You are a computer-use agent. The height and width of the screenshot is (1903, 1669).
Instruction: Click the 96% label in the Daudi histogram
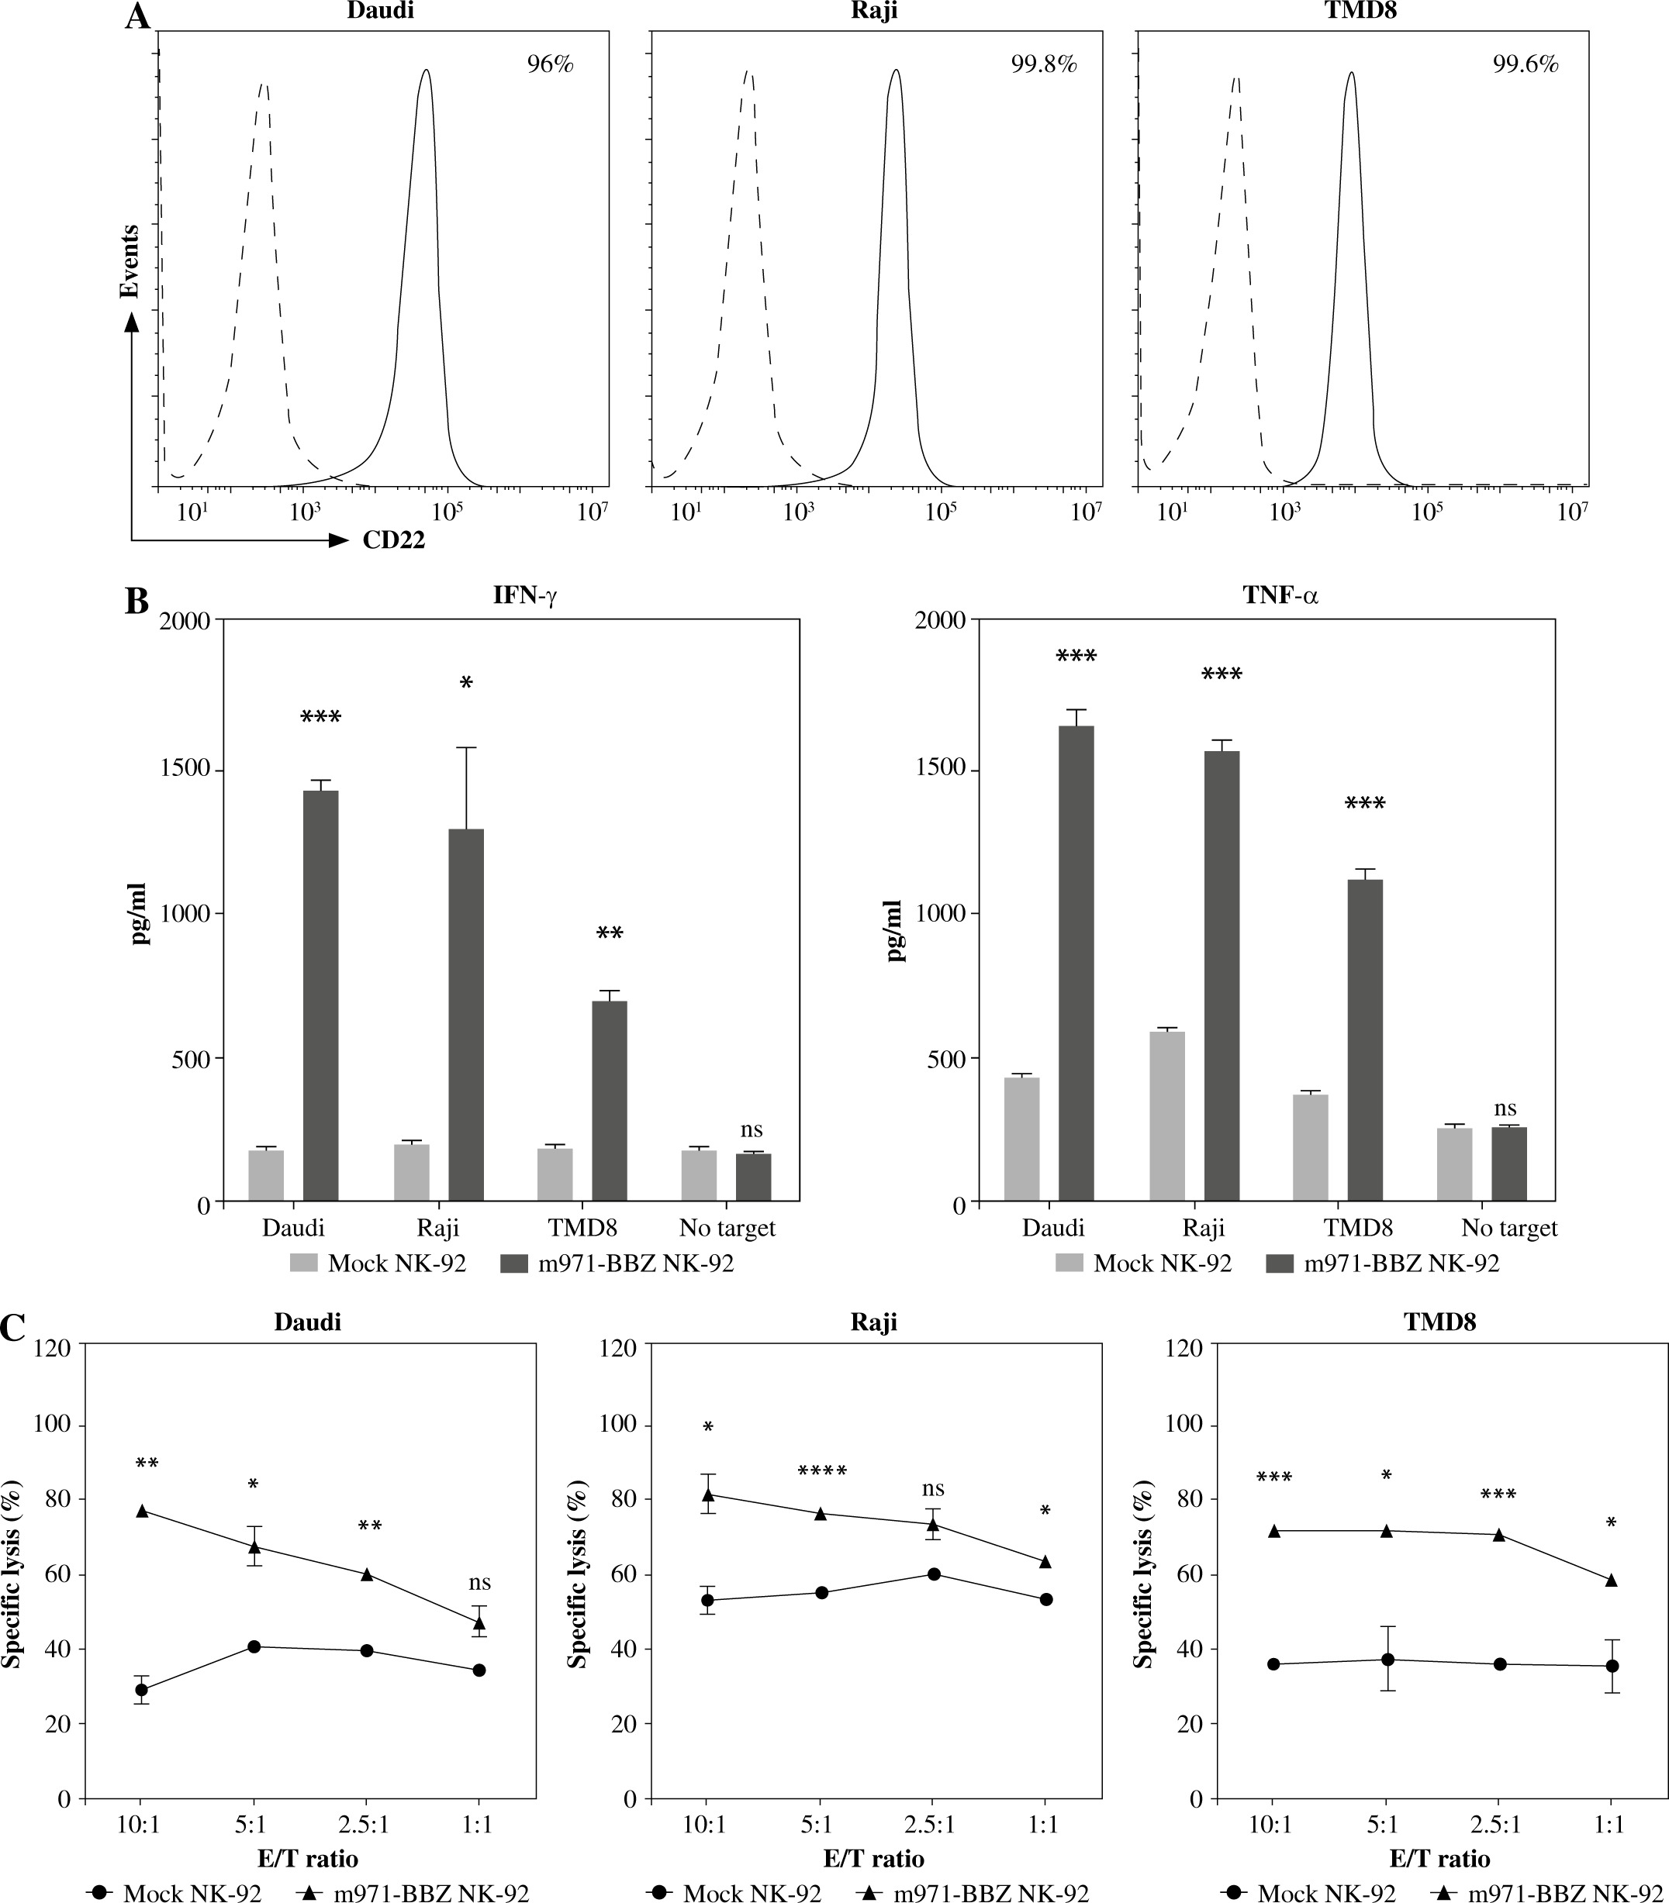pos(551,65)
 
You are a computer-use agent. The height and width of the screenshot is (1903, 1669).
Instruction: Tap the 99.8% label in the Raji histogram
pos(1044,65)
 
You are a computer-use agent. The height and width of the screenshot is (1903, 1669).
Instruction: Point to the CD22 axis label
pos(394,540)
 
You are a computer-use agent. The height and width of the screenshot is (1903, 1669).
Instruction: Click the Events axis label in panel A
pos(130,260)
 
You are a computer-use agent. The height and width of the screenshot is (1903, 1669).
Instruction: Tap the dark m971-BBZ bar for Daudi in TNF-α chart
pos(1076,964)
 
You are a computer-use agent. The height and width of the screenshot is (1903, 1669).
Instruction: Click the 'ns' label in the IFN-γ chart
pos(751,1130)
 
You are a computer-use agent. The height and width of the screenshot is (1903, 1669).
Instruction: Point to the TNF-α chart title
pos(1280,597)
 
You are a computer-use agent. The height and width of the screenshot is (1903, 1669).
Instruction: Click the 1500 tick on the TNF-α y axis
pos(942,771)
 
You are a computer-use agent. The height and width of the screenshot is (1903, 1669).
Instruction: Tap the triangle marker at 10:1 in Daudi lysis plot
pos(143,1511)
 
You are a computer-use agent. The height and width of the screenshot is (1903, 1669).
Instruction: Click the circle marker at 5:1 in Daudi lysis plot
pos(254,1647)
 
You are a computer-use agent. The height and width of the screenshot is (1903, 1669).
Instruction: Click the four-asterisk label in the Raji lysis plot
pos(822,1472)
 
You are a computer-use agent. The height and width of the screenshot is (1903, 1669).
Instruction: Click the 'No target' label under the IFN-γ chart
pos(727,1228)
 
